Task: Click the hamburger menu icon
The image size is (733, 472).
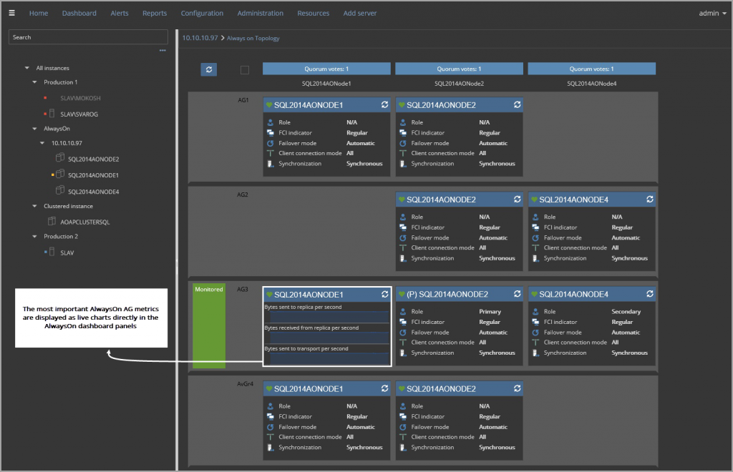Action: coord(11,13)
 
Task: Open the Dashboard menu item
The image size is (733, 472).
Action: coord(79,13)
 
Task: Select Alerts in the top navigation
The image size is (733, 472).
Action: coord(120,13)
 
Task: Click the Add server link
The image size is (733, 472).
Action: coord(359,13)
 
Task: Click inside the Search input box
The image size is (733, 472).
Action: coord(87,37)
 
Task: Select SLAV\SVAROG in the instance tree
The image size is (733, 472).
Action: coord(79,114)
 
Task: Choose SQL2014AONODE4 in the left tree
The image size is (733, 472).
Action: coord(93,191)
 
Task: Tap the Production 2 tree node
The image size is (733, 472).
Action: coord(61,237)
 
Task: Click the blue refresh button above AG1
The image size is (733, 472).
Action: coord(208,69)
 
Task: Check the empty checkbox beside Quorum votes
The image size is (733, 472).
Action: coord(245,69)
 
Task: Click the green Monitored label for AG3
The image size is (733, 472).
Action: coord(208,290)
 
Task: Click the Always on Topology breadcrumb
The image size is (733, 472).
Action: coord(253,38)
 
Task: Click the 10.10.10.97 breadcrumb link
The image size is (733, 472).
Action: coord(200,38)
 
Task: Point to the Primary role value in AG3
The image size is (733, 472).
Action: coord(490,312)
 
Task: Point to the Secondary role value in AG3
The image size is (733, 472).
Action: coord(626,312)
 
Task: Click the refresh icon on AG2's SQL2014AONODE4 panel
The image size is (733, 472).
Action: coord(649,200)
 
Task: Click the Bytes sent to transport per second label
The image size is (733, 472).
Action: coord(306,348)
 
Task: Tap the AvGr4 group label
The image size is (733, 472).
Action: coord(246,384)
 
